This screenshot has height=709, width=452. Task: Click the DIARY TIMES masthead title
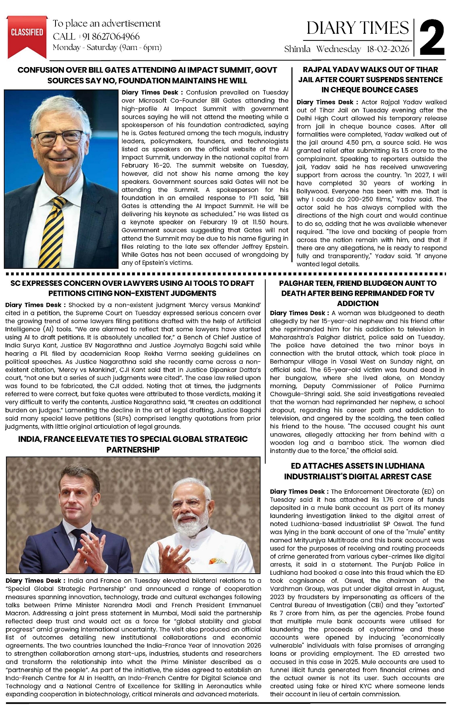357,28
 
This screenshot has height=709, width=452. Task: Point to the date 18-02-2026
388,49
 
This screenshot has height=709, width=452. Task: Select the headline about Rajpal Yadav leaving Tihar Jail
370,79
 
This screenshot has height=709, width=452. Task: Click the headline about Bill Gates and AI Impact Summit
147,75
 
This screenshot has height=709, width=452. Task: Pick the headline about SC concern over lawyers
132,288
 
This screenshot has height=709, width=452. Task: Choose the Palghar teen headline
358,293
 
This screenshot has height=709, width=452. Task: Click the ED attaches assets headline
357,471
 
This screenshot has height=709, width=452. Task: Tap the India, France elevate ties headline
133,444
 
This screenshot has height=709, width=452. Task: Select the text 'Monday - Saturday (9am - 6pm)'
107,48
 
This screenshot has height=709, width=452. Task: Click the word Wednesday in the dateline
339,49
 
